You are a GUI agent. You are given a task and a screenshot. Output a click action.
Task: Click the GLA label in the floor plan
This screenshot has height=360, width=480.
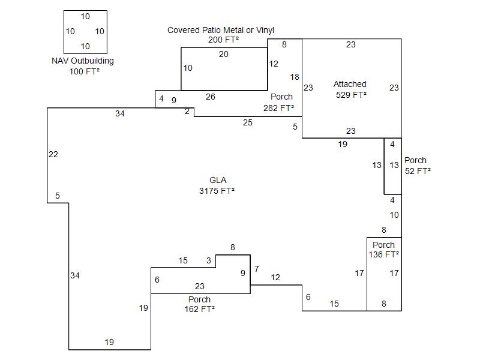[218, 180]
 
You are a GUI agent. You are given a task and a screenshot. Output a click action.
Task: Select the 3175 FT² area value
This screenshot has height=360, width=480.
[217, 191]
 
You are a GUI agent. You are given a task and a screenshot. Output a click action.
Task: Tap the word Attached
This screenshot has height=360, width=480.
[350, 84]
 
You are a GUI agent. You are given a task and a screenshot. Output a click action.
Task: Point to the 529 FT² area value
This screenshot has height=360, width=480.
[351, 94]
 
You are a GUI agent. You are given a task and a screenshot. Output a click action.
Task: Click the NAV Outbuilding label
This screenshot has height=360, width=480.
[83, 61]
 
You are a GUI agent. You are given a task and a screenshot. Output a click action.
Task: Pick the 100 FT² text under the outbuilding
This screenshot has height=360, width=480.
[84, 71]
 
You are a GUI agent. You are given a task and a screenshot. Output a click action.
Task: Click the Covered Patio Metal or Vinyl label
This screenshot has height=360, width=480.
[221, 30]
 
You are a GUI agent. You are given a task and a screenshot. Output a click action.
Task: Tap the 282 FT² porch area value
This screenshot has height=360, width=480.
[279, 108]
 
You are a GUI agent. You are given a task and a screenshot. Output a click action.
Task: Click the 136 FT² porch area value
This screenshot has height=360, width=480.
[384, 254]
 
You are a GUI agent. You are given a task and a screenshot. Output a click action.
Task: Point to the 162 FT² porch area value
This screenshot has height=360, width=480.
[200, 309]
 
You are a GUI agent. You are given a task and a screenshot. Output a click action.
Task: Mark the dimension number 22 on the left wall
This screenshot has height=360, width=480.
[53, 154]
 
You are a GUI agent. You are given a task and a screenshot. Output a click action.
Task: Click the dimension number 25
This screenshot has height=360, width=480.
[248, 122]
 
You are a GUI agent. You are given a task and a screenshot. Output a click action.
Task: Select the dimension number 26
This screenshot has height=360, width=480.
[210, 97]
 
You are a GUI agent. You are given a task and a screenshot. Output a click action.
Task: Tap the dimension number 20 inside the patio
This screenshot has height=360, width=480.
[224, 54]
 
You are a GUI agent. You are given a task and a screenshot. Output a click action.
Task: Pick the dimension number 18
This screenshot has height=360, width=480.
[295, 77]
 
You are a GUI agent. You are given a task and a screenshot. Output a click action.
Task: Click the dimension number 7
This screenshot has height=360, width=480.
[256, 269]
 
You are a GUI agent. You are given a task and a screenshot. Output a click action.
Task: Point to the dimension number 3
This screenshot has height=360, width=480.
[209, 260]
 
